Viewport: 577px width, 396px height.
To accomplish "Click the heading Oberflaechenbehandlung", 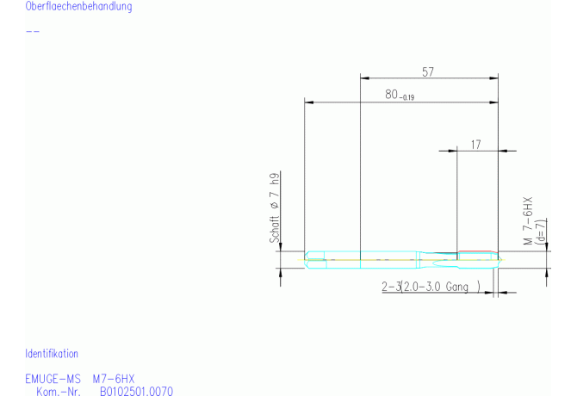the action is click(x=78, y=6).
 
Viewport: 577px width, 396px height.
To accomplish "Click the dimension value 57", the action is click(x=428, y=71).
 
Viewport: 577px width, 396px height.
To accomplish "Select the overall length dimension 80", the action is click(x=392, y=95).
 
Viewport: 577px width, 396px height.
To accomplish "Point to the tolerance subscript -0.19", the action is click(x=406, y=97).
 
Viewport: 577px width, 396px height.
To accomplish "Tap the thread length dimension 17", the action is click(x=475, y=145).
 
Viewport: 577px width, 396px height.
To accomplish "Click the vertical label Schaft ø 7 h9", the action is click(x=275, y=207).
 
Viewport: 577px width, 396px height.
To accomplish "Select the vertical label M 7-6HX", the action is click(x=528, y=221).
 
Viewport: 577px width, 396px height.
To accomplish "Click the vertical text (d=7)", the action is click(x=541, y=232).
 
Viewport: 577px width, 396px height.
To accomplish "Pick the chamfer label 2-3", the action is click(x=391, y=287).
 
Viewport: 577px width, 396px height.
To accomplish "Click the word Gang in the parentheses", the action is click(x=456, y=287).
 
